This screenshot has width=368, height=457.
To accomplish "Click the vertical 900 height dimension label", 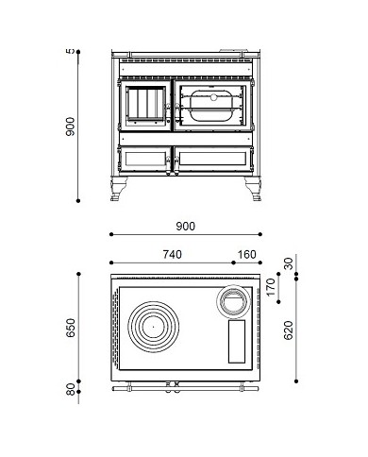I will [70, 126].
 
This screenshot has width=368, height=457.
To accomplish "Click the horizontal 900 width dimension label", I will [185, 226].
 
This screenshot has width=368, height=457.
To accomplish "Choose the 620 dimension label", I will [288, 331].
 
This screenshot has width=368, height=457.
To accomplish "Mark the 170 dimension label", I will [271, 286].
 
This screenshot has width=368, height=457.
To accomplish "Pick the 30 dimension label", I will [288, 265].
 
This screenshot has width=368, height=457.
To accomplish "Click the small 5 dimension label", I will [70, 52].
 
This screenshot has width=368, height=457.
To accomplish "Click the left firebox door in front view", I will [145, 108].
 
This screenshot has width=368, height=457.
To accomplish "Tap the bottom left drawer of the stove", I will [145, 156].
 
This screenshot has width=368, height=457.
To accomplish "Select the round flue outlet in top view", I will [230, 300].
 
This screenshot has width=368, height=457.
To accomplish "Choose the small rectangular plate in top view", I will [235, 340].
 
